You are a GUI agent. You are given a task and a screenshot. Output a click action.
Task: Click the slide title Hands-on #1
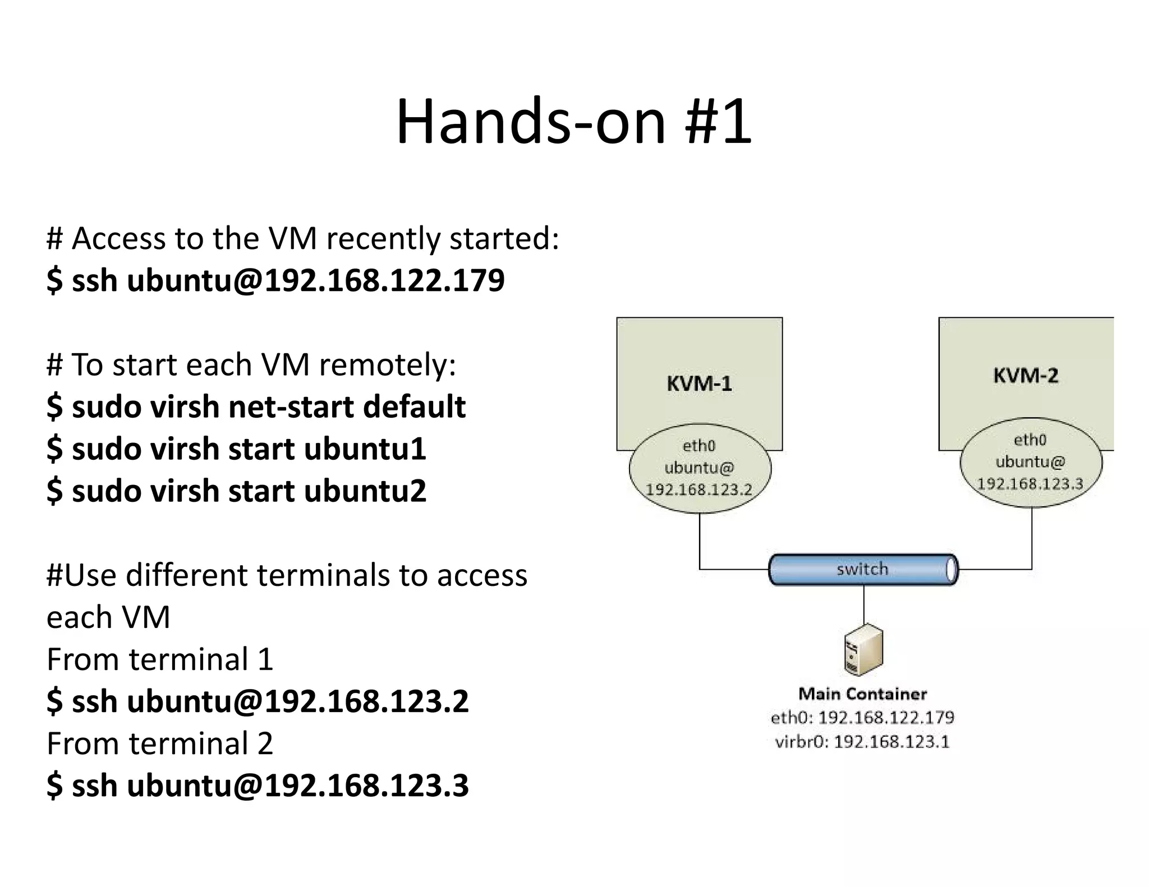[x=573, y=121]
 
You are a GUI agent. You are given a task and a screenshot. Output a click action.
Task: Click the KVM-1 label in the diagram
[x=699, y=384]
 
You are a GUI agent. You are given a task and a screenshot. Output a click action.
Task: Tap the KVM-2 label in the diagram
[x=1026, y=375]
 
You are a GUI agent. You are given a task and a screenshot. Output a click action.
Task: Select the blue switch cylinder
[x=863, y=570]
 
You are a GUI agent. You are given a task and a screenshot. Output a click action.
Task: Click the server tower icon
[x=863, y=650]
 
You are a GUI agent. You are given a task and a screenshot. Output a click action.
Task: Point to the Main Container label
[x=862, y=694]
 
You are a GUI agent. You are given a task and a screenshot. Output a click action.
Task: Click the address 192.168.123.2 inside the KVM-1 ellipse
[x=699, y=489]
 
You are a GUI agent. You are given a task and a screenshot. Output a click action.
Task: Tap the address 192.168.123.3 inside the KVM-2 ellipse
[x=1030, y=484]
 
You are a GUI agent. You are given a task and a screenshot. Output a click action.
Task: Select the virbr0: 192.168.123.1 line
[x=862, y=742]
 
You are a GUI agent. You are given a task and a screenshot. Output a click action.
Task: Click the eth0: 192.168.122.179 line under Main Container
[x=862, y=718]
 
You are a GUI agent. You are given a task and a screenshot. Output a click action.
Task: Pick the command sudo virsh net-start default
[x=256, y=406]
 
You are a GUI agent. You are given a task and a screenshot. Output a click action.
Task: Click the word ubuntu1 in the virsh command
[x=365, y=449]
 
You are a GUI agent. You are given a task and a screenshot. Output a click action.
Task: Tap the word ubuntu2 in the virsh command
[x=365, y=491]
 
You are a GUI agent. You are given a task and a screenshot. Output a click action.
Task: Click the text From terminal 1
[x=160, y=659]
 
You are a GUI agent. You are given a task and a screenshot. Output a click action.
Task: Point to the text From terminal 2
[x=160, y=743]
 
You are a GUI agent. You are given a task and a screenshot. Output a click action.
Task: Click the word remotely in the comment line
[x=387, y=365]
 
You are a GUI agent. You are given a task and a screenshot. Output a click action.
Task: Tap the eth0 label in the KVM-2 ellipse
[x=1030, y=440]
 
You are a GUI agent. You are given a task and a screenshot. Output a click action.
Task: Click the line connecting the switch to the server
[x=863, y=604]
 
